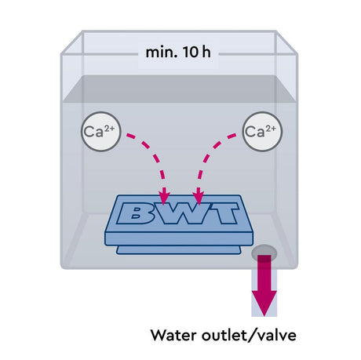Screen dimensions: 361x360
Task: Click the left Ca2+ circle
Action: click(x=101, y=132)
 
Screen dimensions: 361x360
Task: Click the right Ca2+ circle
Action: click(x=263, y=132)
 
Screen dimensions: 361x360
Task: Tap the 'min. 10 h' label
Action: click(x=178, y=53)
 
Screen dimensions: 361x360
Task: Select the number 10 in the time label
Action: click(x=191, y=53)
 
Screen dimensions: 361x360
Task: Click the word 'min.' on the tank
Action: click(x=161, y=53)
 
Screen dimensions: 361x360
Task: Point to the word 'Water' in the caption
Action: click(x=174, y=335)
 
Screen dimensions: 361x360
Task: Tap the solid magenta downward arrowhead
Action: click(x=264, y=304)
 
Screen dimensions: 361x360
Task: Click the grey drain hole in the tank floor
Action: click(x=264, y=253)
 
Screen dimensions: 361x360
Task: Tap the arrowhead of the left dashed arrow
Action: click(x=164, y=198)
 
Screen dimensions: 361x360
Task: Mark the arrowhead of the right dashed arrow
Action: click(x=199, y=198)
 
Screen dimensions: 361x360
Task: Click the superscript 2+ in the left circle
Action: click(x=109, y=128)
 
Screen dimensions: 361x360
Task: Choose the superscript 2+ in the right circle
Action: click(x=271, y=128)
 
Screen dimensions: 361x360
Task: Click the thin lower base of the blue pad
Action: click(x=179, y=250)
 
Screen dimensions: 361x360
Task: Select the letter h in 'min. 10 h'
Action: click(x=206, y=53)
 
